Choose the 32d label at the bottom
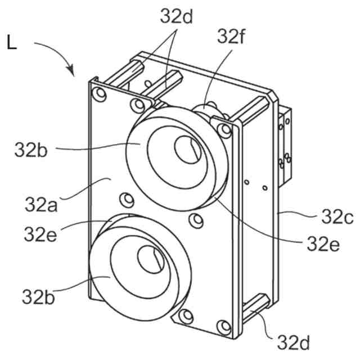[x=295, y=341]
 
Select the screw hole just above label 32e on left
[x=125, y=199]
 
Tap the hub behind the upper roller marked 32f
[x=211, y=110]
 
